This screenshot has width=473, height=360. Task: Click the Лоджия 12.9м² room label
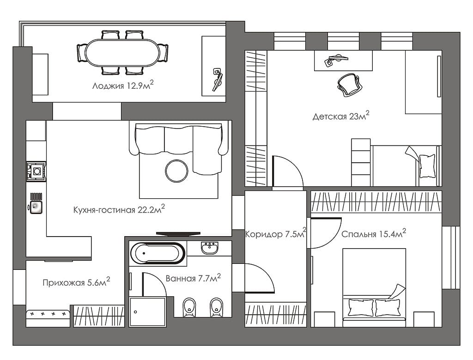click(123, 85)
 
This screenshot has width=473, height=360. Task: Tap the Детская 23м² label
click(341, 116)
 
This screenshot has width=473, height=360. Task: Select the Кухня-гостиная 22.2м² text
click(119, 209)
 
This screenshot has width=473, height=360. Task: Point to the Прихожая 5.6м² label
click(76, 282)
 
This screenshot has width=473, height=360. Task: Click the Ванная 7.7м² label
click(193, 278)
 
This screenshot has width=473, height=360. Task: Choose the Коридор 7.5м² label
click(276, 233)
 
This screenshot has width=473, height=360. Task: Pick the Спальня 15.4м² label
click(373, 233)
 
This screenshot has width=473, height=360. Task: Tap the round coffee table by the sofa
click(176, 171)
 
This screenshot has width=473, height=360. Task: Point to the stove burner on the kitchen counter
click(36, 171)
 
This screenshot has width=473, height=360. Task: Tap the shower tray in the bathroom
click(147, 312)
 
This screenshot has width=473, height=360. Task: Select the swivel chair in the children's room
click(349, 85)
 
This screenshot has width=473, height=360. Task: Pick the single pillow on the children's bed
click(427, 165)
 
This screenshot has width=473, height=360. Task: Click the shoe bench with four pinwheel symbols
click(48, 318)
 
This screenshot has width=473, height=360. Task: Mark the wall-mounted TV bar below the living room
click(178, 233)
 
